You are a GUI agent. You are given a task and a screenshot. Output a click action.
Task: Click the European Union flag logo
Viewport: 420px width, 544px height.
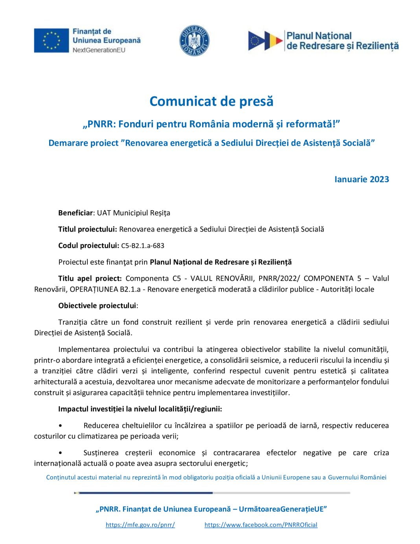click(51, 40)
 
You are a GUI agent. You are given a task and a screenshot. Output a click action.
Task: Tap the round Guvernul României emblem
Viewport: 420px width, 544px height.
click(194, 41)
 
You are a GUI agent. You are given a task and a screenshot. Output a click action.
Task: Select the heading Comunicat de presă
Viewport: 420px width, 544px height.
click(211, 101)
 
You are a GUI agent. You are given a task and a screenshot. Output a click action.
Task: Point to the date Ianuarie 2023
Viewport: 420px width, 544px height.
click(361, 179)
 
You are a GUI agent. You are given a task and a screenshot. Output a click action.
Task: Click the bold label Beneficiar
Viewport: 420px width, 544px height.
click(76, 213)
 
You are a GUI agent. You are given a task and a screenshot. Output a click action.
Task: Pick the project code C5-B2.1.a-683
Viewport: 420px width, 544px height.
click(143, 246)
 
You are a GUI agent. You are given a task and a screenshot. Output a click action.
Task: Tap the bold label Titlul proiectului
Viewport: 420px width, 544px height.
click(87, 229)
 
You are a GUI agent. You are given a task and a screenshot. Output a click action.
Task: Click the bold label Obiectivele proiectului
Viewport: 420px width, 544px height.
click(97, 305)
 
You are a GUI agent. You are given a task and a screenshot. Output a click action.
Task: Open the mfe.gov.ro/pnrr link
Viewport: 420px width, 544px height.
click(140, 525)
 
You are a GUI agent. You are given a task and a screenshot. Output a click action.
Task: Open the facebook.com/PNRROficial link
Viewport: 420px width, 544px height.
click(261, 525)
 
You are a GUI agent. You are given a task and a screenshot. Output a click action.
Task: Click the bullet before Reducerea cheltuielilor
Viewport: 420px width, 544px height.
click(60, 426)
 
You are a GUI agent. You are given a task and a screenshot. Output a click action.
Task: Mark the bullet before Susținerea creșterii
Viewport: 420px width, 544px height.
click(60, 453)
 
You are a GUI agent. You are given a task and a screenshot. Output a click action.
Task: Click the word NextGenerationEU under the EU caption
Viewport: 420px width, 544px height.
click(99, 50)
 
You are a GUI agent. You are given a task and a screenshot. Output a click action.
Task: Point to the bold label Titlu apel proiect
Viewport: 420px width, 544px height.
click(90, 278)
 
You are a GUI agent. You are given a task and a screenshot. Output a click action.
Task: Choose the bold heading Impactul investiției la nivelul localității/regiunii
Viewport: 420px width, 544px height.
click(140, 409)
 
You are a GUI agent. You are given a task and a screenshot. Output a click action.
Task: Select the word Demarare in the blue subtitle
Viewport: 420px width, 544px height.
click(66, 143)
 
